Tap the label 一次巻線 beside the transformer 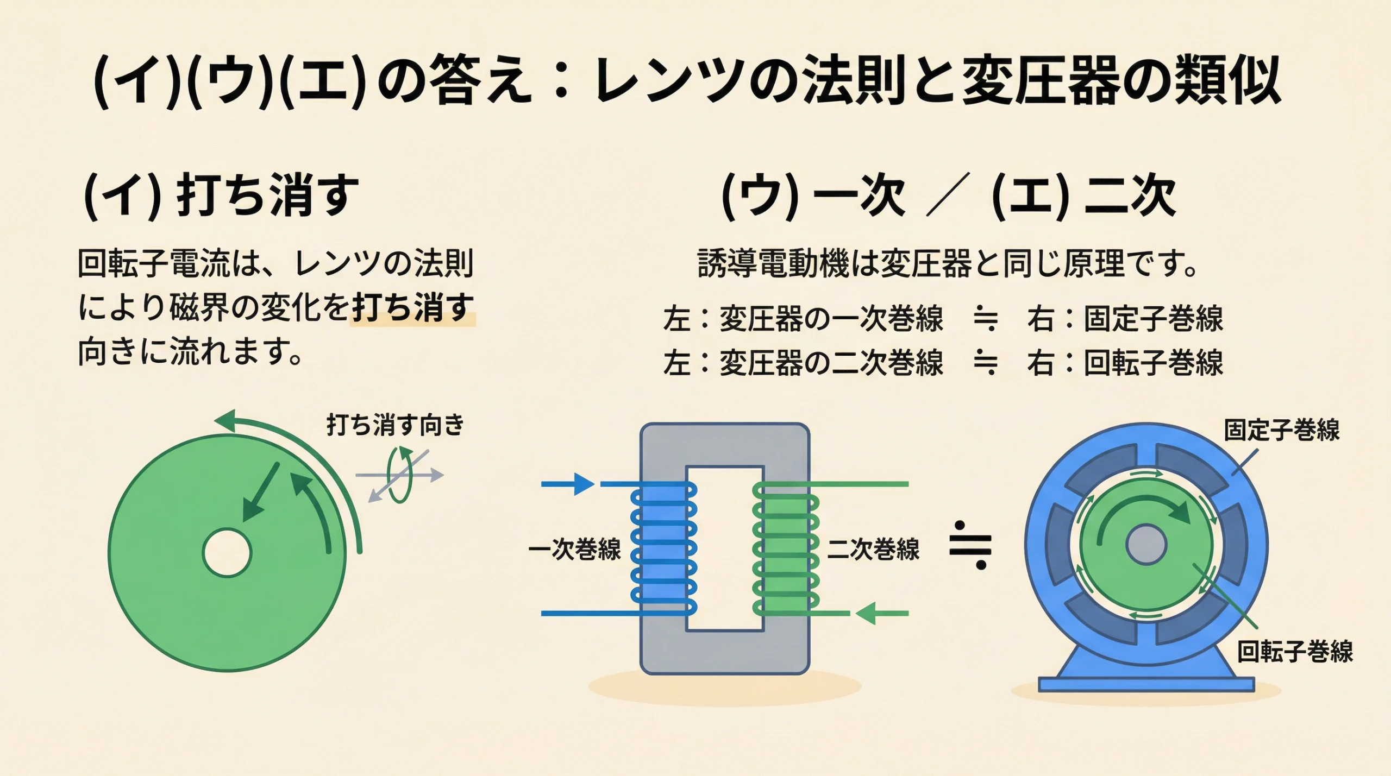coord(574,549)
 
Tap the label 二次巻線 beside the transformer coord(873,549)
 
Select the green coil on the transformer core coord(785,548)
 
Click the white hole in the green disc coord(227,553)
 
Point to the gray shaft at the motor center coord(1146,545)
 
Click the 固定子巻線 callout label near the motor coord(1282,430)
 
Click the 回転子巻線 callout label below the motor coord(1295,651)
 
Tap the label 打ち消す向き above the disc coord(396,425)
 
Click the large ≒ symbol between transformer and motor coord(970,545)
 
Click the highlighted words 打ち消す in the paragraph coord(413,308)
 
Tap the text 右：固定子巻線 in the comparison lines coord(1125,318)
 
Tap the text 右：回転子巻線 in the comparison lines coord(1125,363)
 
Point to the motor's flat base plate coord(1146,684)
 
